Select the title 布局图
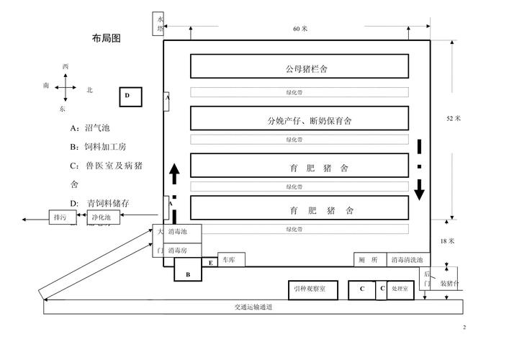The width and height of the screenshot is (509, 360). [106, 39]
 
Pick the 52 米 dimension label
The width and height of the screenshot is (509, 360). [454, 118]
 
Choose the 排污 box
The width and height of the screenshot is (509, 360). [60, 217]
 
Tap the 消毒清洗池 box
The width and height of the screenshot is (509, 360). [407, 260]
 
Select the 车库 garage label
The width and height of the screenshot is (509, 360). [229, 260]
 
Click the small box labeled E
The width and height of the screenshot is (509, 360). [210, 263]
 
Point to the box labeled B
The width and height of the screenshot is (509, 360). [188, 274]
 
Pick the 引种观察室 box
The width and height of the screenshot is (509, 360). [312, 289]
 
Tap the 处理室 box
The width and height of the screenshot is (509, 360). [400, 289]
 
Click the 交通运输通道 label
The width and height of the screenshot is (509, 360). [253, 307]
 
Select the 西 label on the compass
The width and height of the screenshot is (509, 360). [66, 67]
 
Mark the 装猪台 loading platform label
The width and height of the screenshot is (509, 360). [451, 284]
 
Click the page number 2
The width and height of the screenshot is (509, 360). [464, 328]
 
